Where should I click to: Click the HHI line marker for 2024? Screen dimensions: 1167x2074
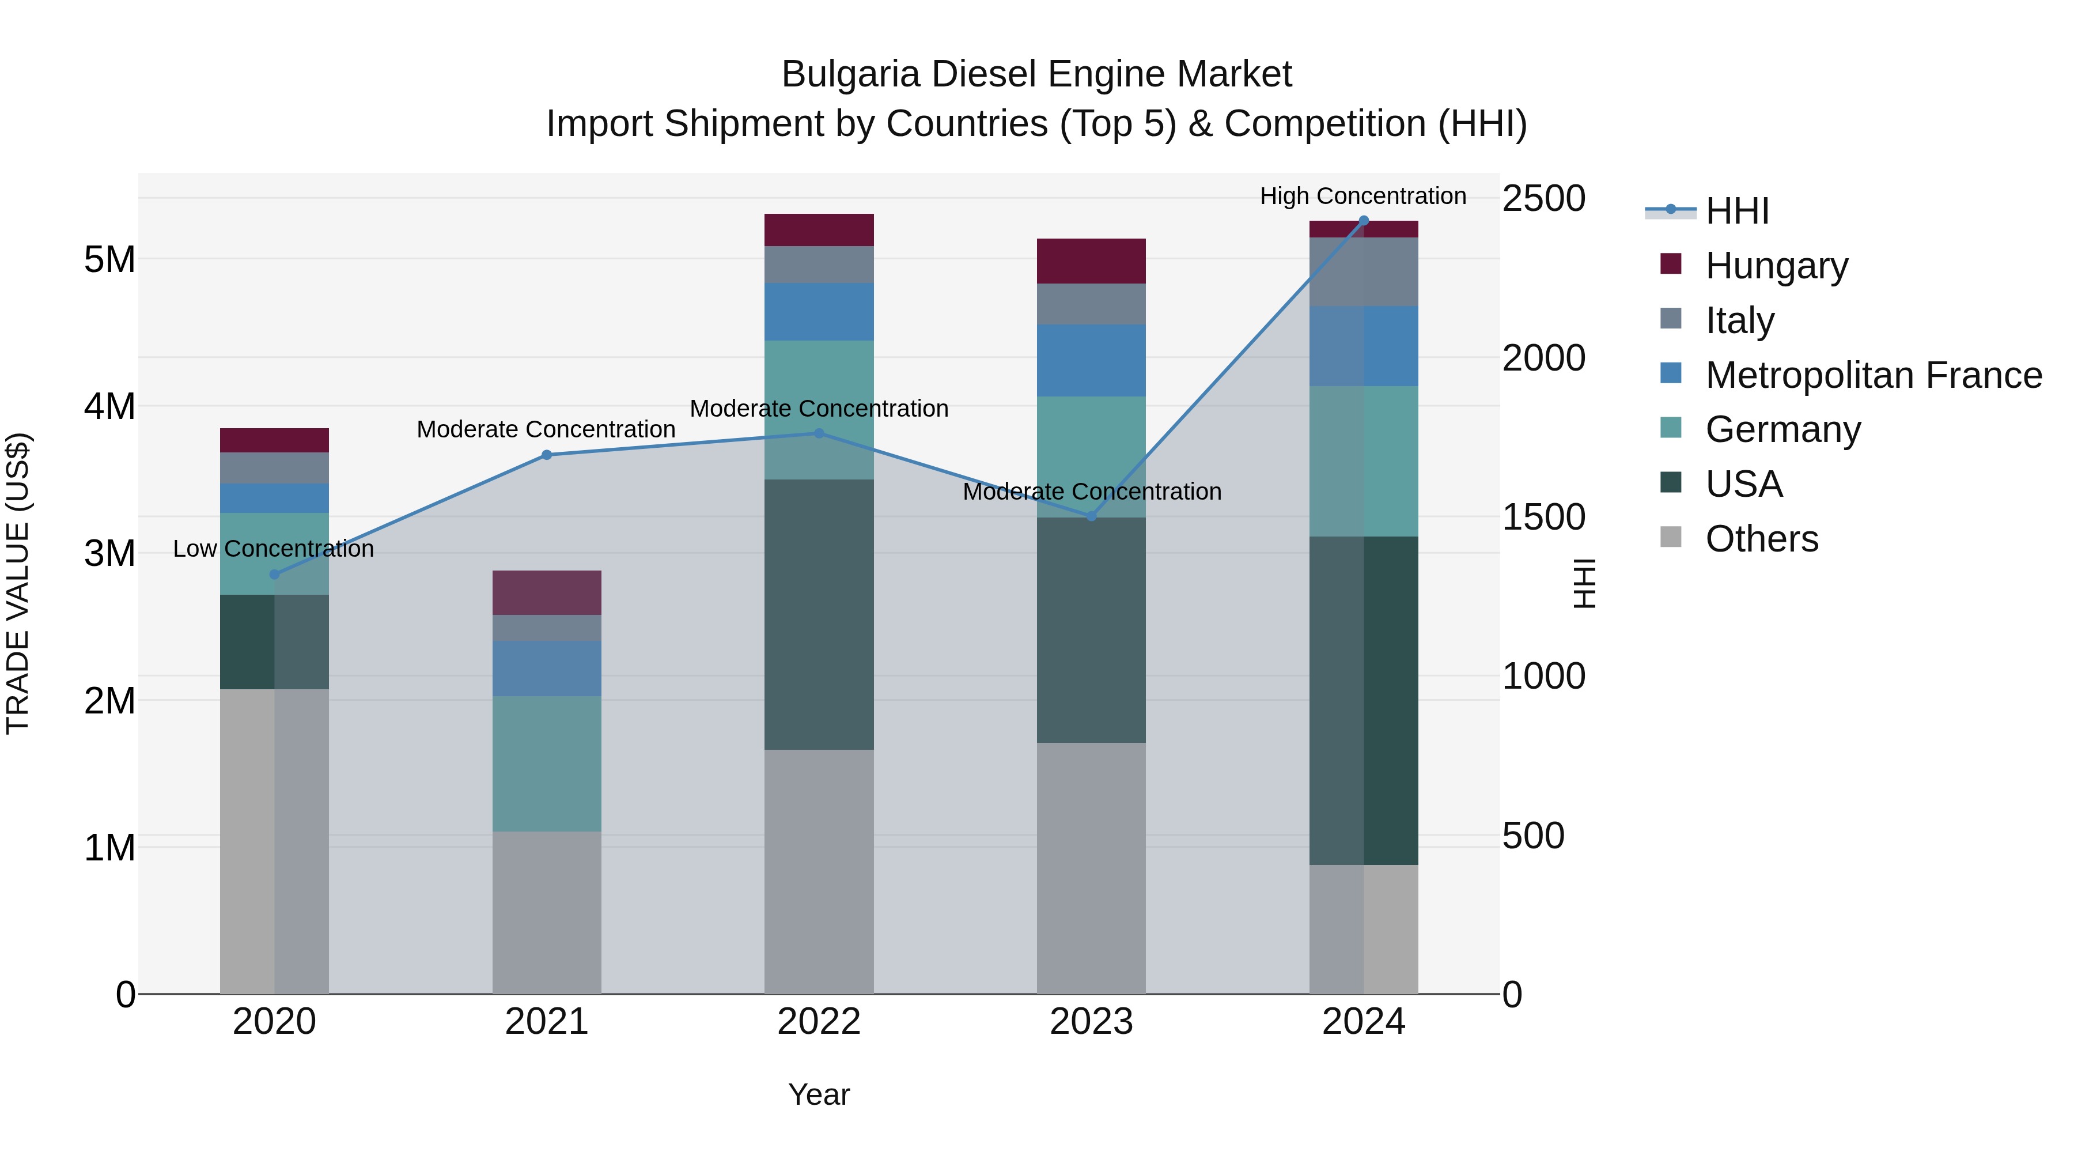pos(1363,221)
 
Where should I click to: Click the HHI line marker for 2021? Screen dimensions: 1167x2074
pos(547,455)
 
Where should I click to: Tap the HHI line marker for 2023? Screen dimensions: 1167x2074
pos(1091,516)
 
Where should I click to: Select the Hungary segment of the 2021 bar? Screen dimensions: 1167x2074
pos(547,593)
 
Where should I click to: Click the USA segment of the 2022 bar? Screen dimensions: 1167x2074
pos(819,614)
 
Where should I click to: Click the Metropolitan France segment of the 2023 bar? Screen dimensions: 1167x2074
pos(1091,360)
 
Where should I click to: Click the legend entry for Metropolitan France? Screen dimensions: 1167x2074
pos(1873,375)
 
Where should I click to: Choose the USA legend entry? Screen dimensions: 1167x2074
pos(1743,484)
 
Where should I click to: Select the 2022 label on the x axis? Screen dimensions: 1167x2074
pos(819,1022)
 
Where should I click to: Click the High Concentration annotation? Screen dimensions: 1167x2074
pos(1363,196)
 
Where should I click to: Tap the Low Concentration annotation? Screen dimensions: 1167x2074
pos(273,549)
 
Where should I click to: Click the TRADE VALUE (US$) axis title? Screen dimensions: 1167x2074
pos(18,583)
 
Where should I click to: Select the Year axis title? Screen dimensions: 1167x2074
pos(819,1094)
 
